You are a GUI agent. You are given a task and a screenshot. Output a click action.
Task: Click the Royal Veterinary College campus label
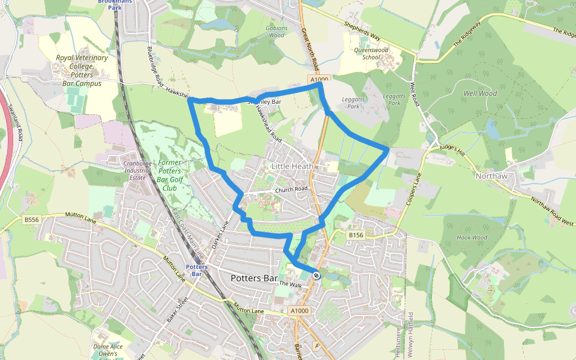coord(82,71)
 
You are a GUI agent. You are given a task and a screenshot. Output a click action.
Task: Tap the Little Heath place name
coord(292,166)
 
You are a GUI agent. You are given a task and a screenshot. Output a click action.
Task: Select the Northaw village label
coord(491,176)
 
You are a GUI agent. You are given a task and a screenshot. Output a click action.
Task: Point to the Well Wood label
coord(480,94)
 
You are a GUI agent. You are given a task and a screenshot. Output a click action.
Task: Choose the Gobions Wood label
coord(277,32)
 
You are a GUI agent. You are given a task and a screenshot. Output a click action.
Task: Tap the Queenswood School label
coord(371,54)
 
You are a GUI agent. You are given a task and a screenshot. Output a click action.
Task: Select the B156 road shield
coord(356,236)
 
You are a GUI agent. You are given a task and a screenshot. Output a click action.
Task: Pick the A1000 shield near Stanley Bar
coord(320,79)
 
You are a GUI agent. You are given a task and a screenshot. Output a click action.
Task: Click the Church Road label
coord(291,189)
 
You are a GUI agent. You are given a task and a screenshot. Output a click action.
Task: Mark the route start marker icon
coord(316,275)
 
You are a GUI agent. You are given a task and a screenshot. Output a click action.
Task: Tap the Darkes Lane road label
coord(221,234)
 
